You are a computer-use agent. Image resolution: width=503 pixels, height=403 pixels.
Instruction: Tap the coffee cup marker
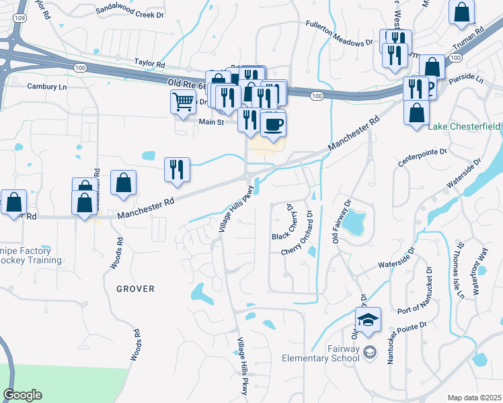coord(273,125)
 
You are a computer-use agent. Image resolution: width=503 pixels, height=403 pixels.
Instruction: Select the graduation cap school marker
coord(368,320)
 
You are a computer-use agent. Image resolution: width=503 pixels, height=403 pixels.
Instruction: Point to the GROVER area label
coord(135,289)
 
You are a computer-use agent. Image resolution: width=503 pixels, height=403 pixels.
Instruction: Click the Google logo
coord(22,395)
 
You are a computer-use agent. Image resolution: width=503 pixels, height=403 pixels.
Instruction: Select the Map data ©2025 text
coord(474,398)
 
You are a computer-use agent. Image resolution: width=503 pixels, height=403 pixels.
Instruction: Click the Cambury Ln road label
coord(46,86)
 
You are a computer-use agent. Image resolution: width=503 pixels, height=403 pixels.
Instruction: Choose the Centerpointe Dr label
coord(422,158)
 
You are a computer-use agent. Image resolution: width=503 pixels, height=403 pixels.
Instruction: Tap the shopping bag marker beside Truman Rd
coord(462,13)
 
